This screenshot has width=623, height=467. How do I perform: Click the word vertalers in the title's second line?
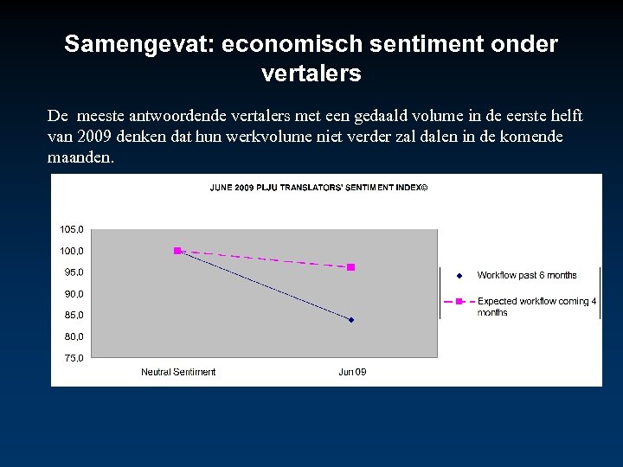coord(311,74)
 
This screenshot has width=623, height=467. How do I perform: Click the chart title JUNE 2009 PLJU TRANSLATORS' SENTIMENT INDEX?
coord(318,187)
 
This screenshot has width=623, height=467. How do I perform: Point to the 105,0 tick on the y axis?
coord(72,230)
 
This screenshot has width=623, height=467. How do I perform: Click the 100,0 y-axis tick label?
coord(72,251)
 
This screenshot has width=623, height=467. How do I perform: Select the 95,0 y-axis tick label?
coord(74,272)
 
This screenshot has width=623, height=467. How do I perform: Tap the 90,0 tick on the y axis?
coord(74,294)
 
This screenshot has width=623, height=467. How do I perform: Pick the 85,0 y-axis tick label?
coord(74,315)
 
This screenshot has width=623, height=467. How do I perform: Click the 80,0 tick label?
coord(74,336)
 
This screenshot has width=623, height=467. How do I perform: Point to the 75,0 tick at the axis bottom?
coord(74,358)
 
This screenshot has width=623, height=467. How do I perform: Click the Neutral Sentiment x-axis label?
coord(178,372)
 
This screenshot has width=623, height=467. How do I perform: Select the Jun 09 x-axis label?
coord(351,372)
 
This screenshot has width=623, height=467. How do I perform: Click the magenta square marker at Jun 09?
coord(350,267)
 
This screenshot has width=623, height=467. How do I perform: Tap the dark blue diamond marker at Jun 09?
coord(351,320)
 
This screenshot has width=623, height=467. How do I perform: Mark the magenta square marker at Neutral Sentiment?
coord(177,251)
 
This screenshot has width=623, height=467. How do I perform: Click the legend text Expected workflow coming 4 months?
coord(536,306)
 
